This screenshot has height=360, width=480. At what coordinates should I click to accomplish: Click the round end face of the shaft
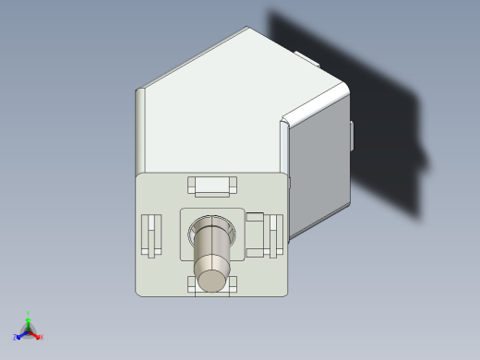coord(212,281)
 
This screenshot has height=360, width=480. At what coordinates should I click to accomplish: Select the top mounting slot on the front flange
coord(212,186)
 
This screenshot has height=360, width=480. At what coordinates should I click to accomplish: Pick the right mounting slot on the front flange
coord(275,235)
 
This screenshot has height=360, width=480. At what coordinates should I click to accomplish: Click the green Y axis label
coord(29,314)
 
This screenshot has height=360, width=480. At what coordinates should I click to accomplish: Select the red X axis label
coord(42,337)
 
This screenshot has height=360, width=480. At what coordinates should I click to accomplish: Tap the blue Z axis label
coord(15,338)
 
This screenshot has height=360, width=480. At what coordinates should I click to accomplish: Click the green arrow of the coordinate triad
coord(29,322)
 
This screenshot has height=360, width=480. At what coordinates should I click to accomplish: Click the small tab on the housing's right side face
coord(353,135)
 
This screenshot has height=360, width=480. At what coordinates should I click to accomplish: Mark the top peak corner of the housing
coord(248,29)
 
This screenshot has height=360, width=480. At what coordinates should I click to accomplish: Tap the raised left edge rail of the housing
coord(141,129)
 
